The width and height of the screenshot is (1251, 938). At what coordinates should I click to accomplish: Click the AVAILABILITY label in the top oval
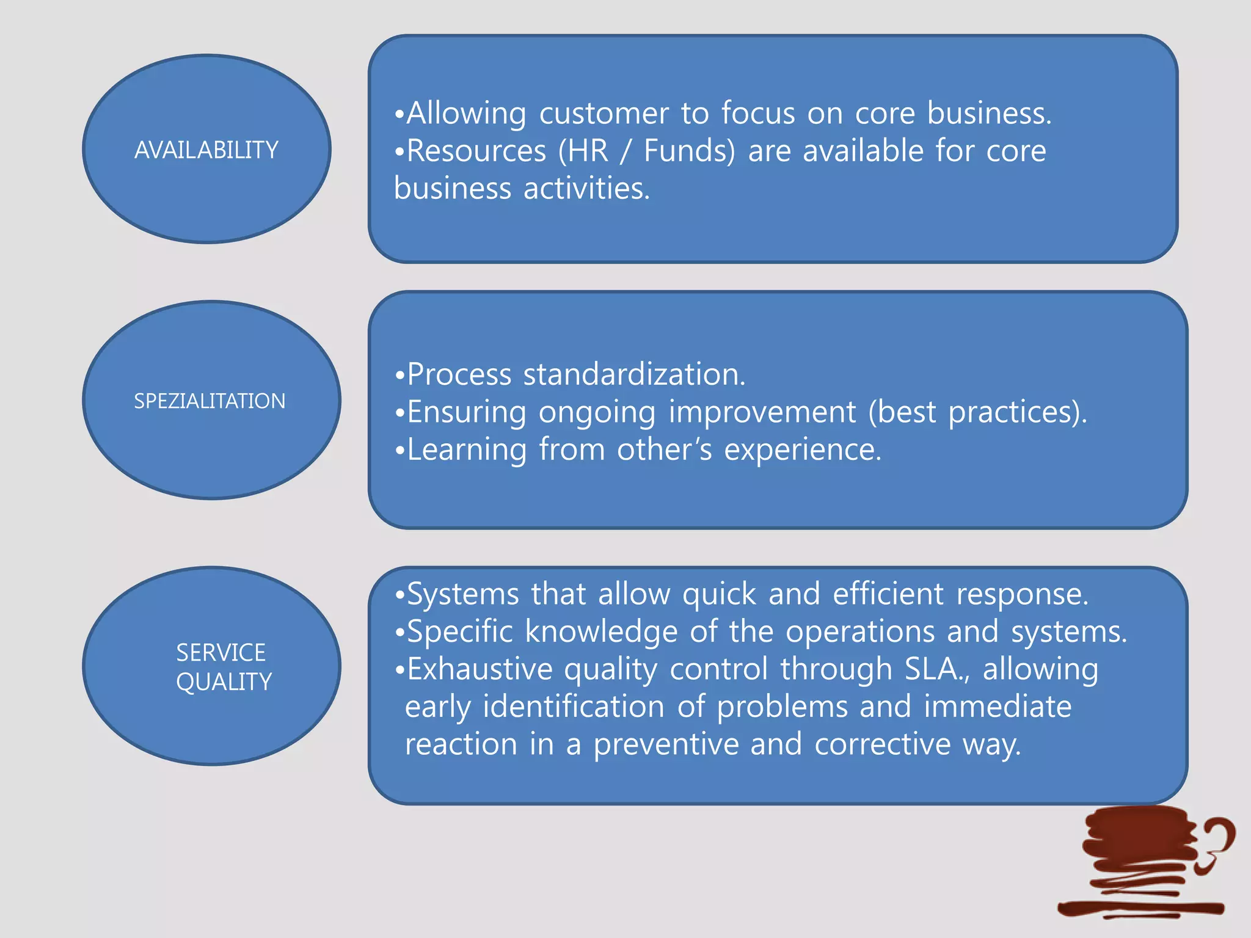(206, 150)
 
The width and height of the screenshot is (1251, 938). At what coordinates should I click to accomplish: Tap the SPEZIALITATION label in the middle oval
(210, 401)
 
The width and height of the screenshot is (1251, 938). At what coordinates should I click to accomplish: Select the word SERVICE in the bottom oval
(221, 653)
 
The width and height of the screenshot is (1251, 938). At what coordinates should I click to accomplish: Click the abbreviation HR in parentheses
(588, 151)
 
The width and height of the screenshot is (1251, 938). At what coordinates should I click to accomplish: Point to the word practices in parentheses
(1010, 412)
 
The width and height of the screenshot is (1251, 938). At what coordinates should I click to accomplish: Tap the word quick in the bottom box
(719, 594)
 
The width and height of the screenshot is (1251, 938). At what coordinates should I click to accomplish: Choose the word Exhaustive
(480, 669)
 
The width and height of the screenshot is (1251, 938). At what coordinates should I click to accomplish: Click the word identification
(574, 707)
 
